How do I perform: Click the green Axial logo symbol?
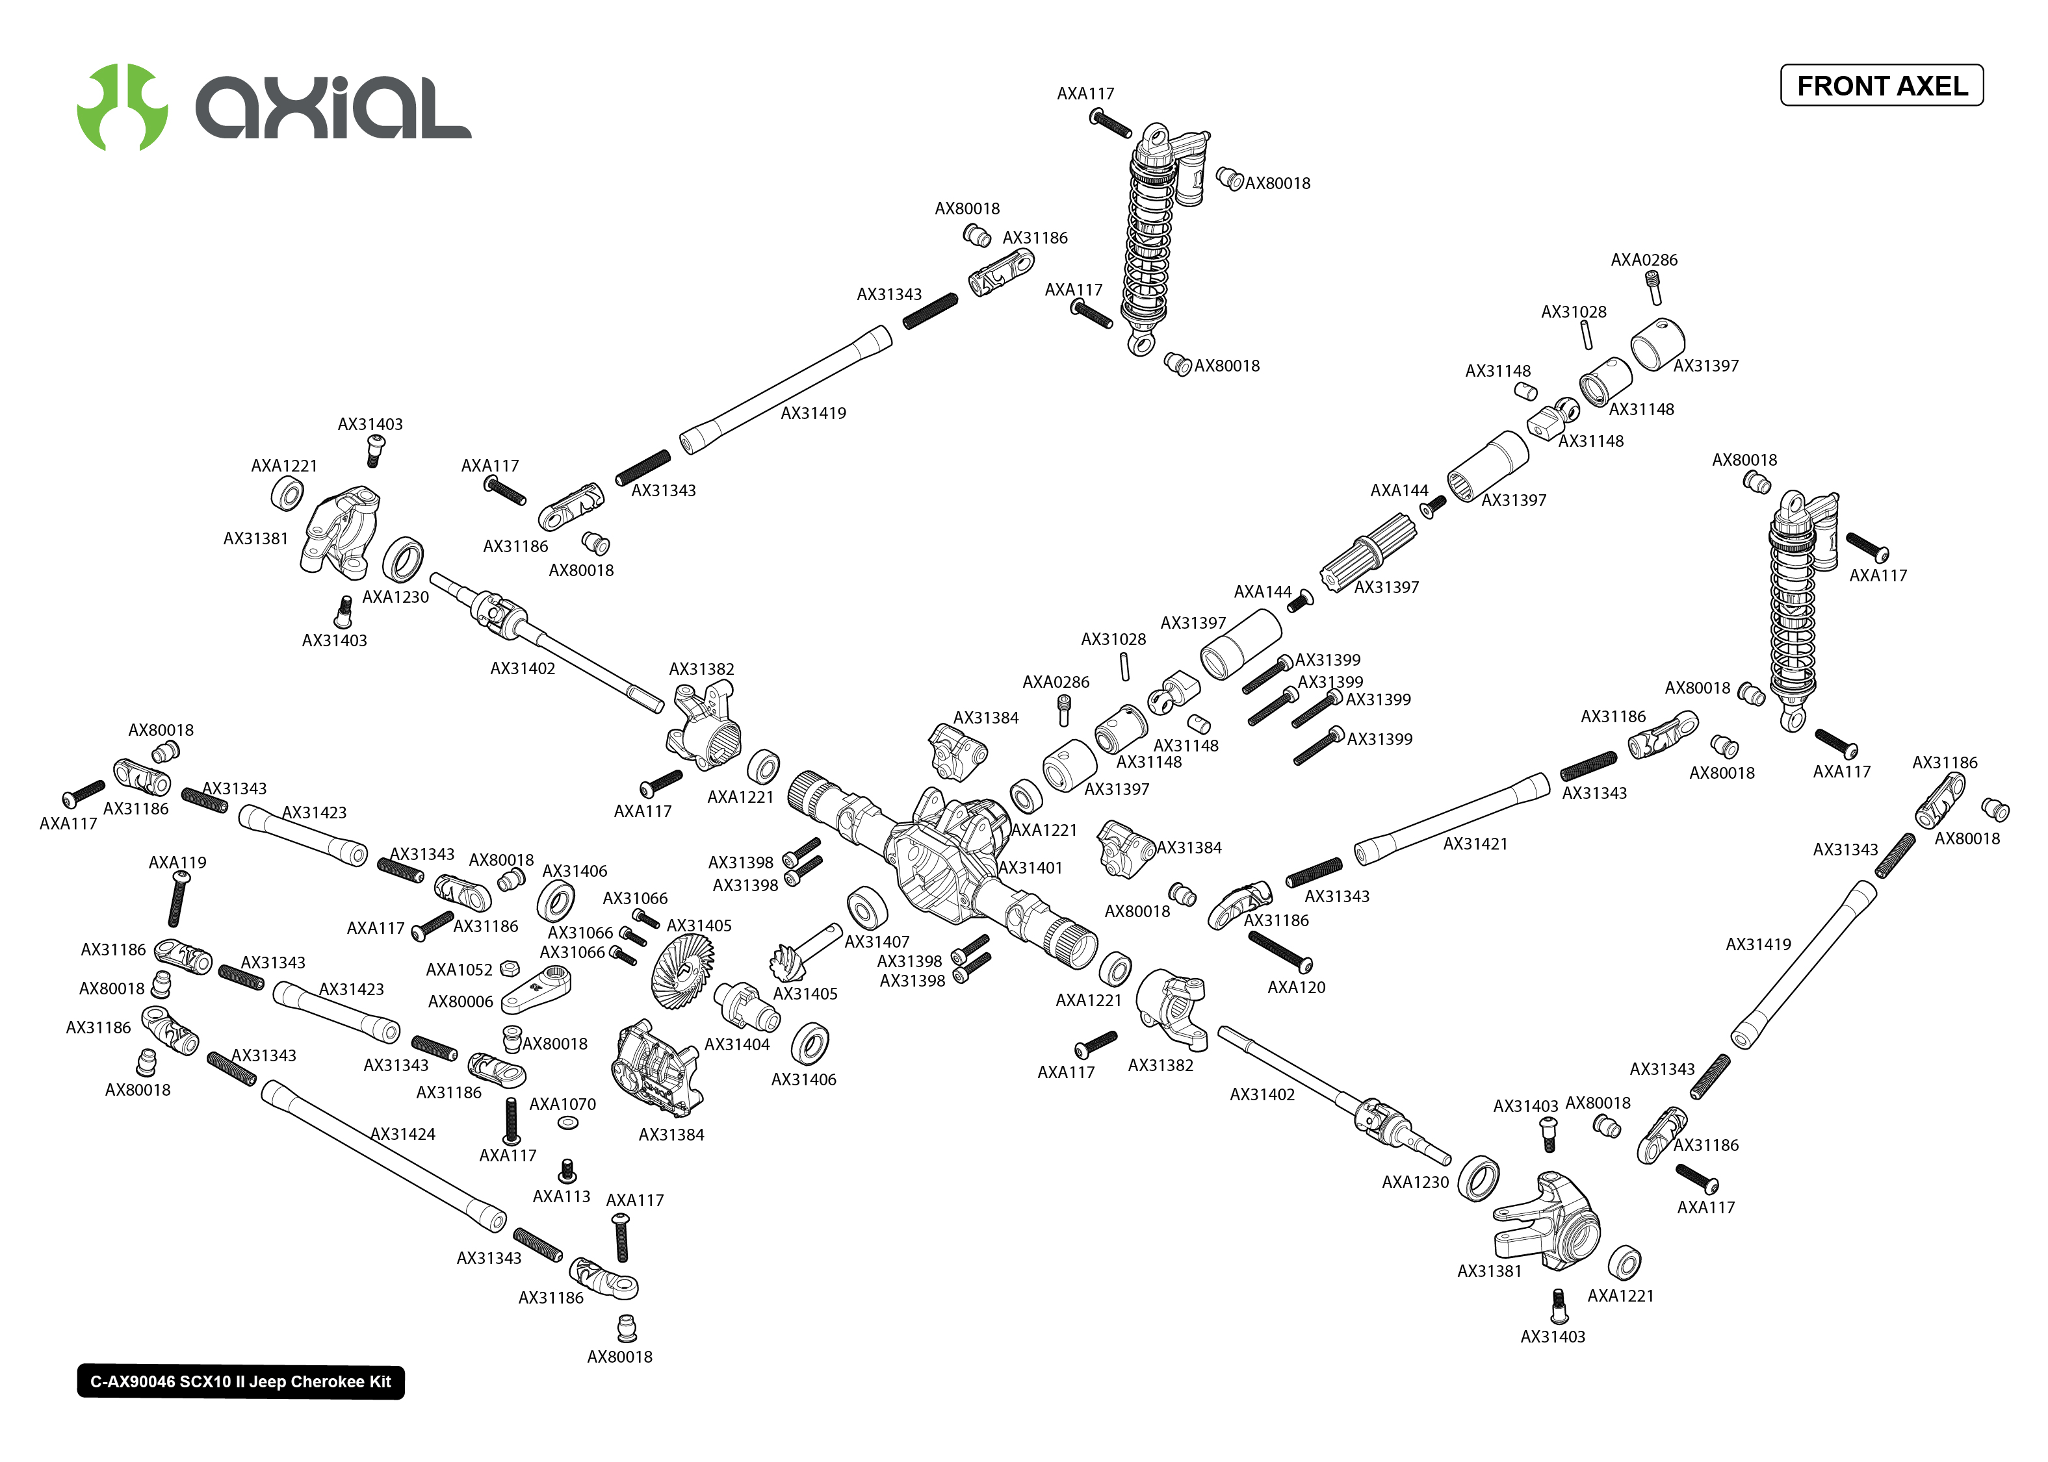[122, 107]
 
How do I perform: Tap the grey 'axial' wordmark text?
[333, 108]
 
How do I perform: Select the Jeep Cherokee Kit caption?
[240, 1382]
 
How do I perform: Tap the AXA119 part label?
[177, 863]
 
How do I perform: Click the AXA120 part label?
[1296, 988]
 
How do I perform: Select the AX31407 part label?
[876, 942]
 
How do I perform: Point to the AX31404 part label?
[736, 1044]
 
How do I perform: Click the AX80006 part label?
[460, 1002]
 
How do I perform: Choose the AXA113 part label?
[561, 1196]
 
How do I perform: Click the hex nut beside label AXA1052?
[508, 968]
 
